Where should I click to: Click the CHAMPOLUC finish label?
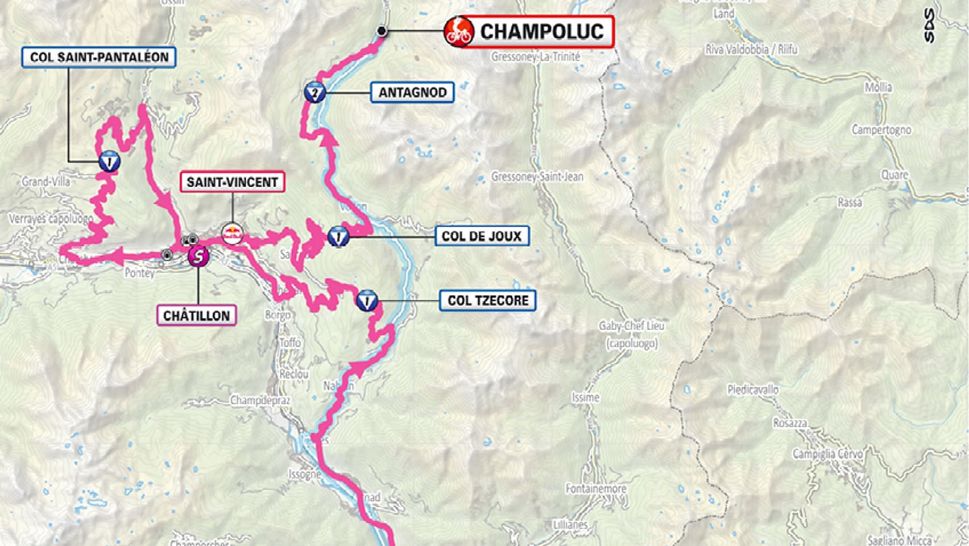click(x=541, y=32)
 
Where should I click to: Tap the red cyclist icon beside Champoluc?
click(x=458, y=31)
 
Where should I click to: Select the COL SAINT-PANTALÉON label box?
click(x=99, y=58)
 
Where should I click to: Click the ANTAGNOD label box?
click(x=412, y=92)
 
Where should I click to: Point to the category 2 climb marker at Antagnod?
click(x=314, y=92)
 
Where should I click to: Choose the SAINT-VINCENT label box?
click(x=232, y=182)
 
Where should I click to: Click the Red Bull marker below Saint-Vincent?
click(x=232, y=233)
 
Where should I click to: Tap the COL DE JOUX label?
click(x=482, y=236)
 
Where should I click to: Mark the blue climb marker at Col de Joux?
click(x=338, y=236)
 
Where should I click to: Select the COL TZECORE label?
click(x=487, y=301)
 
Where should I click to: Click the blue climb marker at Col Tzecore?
click(x=367, y=300)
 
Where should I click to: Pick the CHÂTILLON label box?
click(x=196, y=315)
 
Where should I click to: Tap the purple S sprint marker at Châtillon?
click(x=198, y=257)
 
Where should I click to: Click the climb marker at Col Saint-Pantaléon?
click(x=109, y=162)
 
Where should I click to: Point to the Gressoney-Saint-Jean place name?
click(x=537, y=177)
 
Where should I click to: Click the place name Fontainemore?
click(x=595, y=488)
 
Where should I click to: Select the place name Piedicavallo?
click(x=752, y=390)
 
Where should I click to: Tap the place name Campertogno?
click(x=880, y=130)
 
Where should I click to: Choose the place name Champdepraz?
click(x=260, y=400)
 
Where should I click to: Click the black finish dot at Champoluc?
click(x=382, y=31)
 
